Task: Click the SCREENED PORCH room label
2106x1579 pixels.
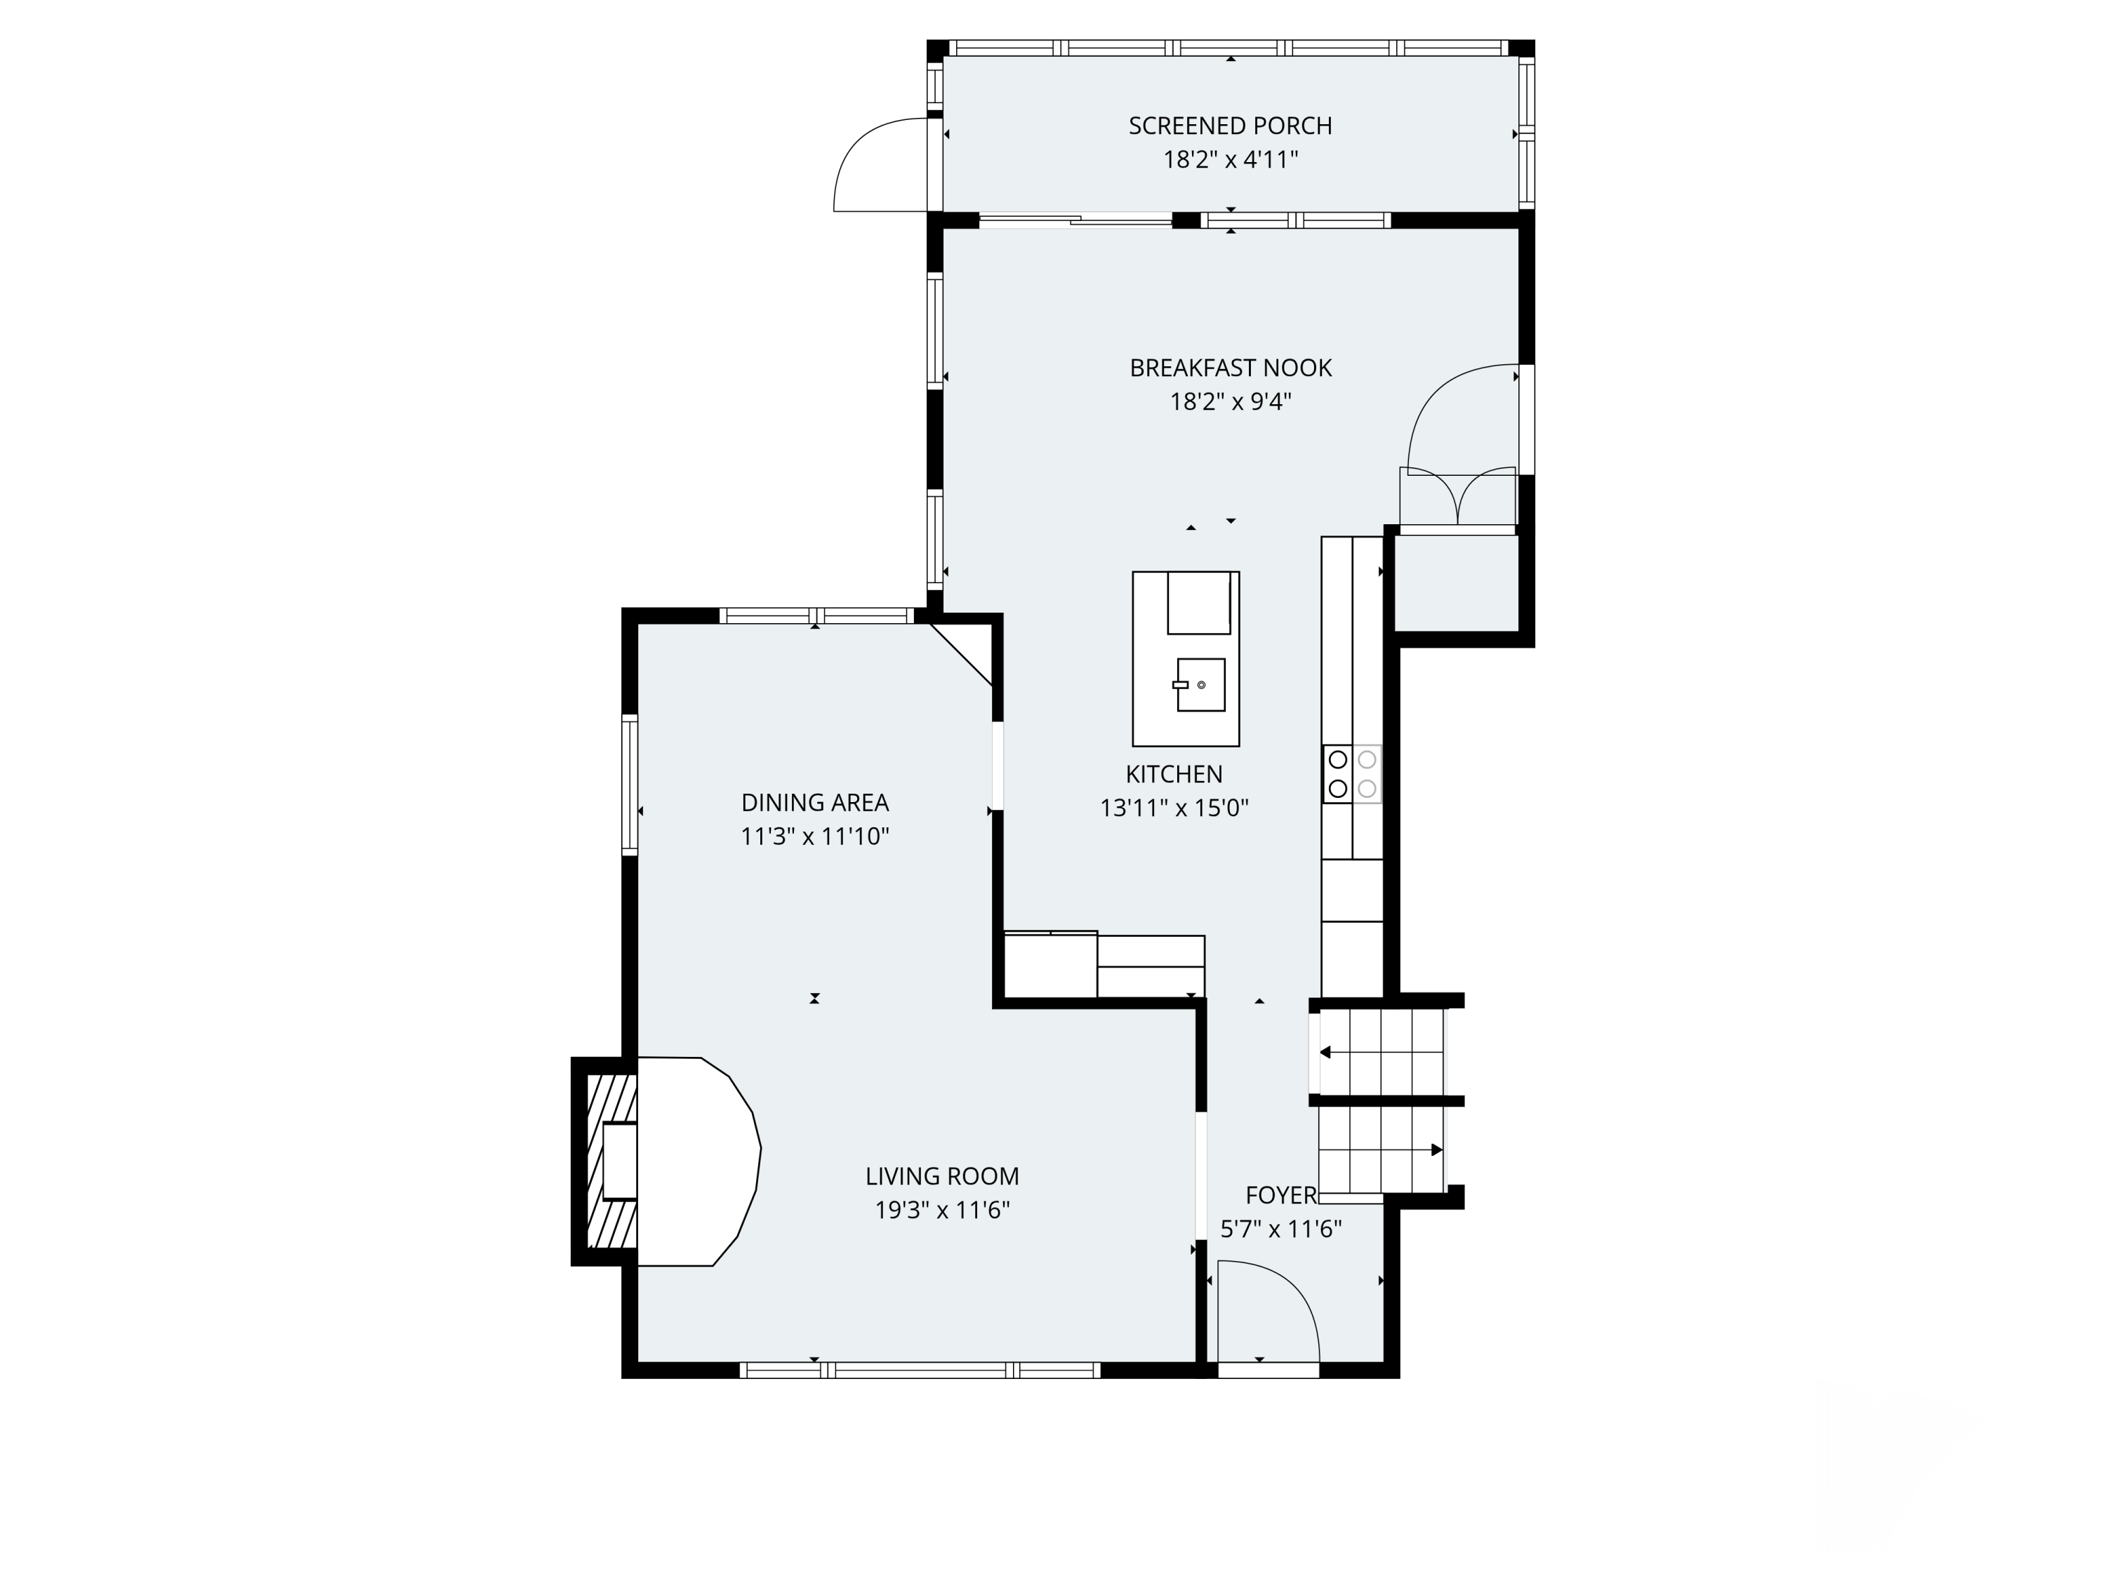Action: click(1230, 126)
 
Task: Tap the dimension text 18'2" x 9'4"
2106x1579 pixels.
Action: click(1230, 401)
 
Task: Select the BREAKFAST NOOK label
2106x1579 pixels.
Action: click(1230, 368)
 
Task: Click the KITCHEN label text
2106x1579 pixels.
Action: click(1174, 774)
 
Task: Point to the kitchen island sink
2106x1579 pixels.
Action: click(1200, 684)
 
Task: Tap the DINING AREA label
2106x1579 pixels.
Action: click(815, 802)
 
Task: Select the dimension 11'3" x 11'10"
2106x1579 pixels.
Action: click(815, 837)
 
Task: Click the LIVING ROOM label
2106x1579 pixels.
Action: click(941, 1176)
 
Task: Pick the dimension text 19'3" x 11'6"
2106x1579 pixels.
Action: click(941, 1211)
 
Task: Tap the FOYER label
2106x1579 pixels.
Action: click(1280, 1195)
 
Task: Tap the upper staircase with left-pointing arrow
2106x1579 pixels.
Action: click(1381, 1052)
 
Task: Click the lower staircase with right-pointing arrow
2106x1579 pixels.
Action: click(1381, 1150)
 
